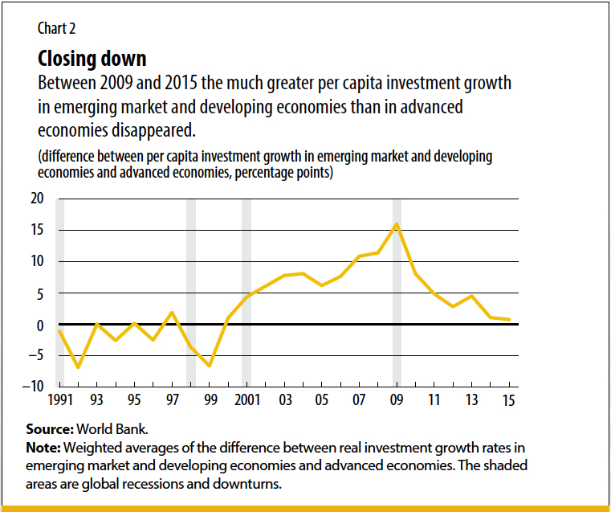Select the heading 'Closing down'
click(x=92, y=59)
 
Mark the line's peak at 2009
click(x=397, y=223)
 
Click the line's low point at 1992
click(x=78, y=367)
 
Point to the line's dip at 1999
click(x=210, y=366)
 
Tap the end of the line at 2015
click(x=510, y=320)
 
